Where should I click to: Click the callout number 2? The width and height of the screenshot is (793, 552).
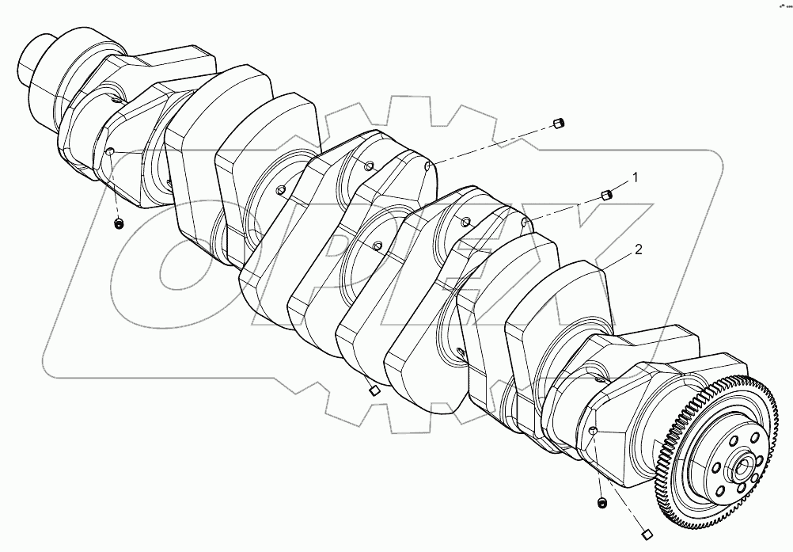click(x=639, y=249)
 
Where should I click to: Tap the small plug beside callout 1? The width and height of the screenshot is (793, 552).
click(x=607, y=194)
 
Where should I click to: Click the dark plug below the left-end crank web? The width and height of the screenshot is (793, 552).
click(x=118, y=224)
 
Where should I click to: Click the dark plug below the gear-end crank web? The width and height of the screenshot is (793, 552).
click(x=601, y=503)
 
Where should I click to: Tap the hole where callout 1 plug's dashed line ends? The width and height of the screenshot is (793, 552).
click(x=526, y=222)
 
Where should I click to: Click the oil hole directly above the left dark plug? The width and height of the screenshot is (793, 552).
click(x=111, y=152)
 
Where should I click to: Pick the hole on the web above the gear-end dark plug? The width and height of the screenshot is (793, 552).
click(x=592, y=430)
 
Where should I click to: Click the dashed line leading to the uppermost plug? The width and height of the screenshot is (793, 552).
click(x=491, y=146)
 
